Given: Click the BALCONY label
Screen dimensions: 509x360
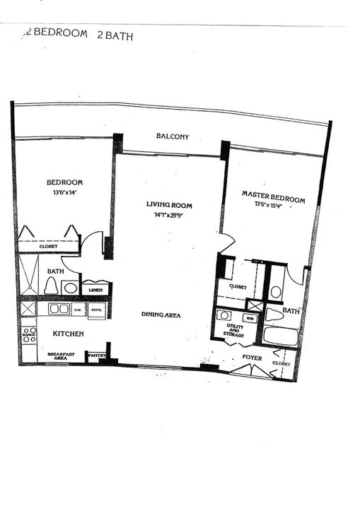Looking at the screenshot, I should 172,137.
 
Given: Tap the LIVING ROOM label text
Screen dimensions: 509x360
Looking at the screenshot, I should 169,205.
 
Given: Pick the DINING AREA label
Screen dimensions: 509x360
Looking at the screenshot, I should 161,315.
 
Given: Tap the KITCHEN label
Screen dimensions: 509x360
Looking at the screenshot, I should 69,334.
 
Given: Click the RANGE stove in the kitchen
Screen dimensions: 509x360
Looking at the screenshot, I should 29,334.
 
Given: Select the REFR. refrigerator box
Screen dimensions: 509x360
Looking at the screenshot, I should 97,309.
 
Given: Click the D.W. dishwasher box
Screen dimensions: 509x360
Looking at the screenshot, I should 79,309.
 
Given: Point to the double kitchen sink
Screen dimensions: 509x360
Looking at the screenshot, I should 58,309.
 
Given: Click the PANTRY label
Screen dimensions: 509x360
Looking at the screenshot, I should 95,355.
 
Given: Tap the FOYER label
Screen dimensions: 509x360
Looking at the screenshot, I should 252,358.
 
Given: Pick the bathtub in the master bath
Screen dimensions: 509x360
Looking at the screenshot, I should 280,335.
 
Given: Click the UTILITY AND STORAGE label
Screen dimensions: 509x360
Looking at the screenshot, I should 235,331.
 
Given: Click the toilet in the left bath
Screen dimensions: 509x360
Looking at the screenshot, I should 52,284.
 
